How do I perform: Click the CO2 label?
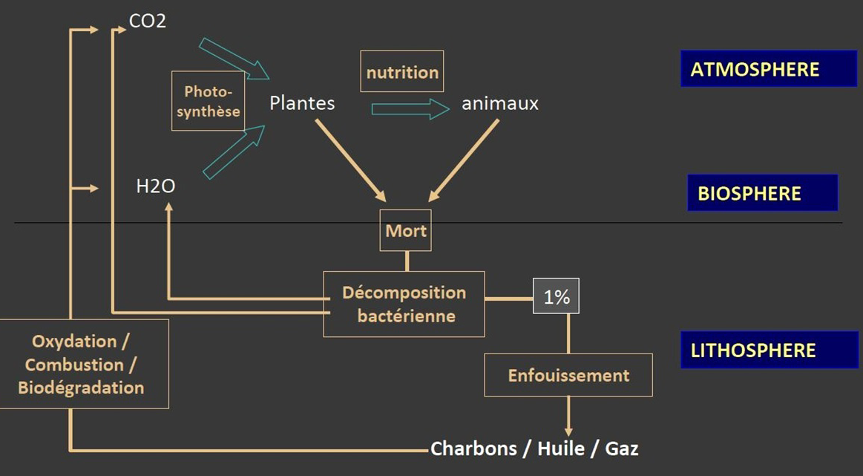(148, 21)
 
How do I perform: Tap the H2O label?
(156, 186)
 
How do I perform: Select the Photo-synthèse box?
(208, 101)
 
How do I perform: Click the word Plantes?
(302, 103)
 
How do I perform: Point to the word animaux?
(500, 103)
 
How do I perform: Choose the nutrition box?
(402, 72)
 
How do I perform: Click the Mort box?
(406, 230)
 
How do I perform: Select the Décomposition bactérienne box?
(404, 304)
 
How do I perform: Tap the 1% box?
(557, 297)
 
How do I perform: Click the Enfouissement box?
(568, 375)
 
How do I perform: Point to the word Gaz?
(621, 449)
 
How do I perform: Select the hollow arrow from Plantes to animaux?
(410, 109)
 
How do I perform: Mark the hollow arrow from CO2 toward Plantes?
(234, 58)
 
